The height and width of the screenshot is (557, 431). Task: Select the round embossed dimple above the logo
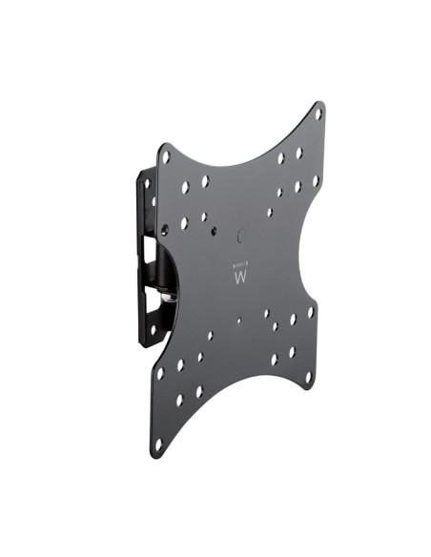(x=239, y=234)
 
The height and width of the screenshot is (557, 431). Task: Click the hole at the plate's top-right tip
(x=318, y=113)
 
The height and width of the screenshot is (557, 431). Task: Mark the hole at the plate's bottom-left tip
(x=158, y=444)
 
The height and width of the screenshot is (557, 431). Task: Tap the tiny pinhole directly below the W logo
(x=238, y=320)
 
